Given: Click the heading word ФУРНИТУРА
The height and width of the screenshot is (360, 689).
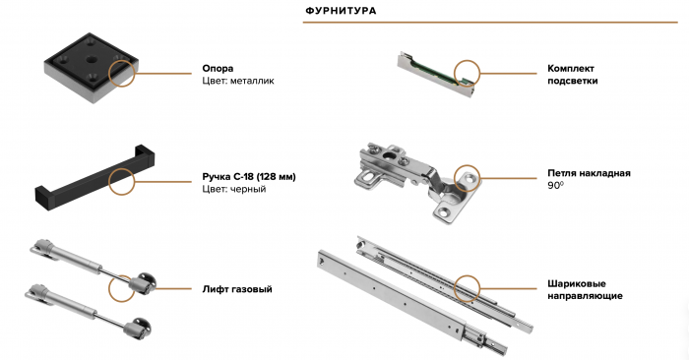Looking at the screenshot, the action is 341,11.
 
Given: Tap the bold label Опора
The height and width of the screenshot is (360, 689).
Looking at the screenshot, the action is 218,69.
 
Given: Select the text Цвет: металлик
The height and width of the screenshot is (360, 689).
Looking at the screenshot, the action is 238,81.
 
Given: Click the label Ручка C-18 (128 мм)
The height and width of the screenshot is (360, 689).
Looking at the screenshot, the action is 249,177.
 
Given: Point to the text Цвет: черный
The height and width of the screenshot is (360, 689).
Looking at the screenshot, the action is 234,189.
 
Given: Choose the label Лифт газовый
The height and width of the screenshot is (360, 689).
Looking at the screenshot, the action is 237,289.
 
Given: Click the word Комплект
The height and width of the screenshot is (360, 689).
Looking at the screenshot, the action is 571,69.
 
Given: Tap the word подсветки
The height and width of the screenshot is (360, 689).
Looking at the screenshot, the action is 573,81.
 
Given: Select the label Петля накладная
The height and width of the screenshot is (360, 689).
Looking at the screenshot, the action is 589,173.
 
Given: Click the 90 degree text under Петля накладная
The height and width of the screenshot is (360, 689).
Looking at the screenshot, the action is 555,185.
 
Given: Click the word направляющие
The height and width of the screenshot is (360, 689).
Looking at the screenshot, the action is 585,296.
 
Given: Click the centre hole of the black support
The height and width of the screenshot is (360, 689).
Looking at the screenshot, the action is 92,59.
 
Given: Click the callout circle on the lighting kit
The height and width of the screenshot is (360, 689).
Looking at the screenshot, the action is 467,74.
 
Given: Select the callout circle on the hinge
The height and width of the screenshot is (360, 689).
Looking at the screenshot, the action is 467,178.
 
